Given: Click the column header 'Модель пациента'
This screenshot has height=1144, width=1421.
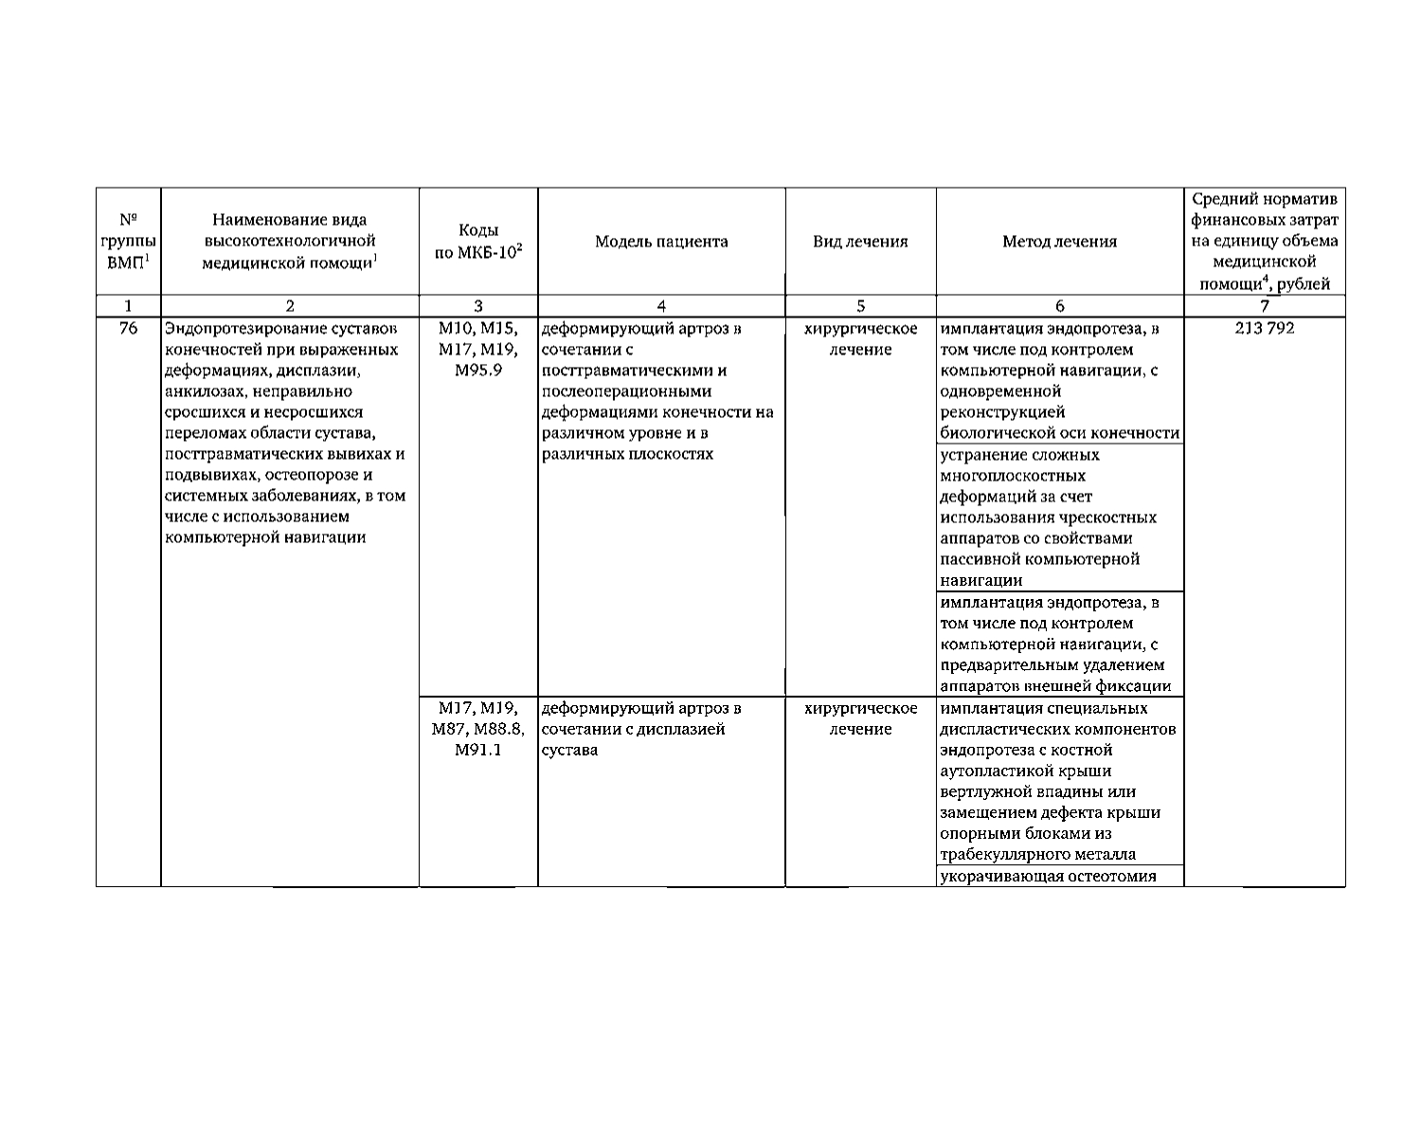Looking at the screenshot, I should click(661, 242).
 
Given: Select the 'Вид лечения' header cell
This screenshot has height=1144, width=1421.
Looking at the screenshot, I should click(860, 242).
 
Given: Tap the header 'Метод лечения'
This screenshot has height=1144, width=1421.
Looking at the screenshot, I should click(1059, 242).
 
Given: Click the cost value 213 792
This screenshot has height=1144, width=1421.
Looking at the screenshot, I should click(1264, 329).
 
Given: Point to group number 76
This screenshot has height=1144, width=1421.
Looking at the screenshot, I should click(128, 329).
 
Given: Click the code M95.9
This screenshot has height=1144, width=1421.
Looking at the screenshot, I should click(477, 371).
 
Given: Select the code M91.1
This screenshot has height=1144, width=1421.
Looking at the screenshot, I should click(477, 750).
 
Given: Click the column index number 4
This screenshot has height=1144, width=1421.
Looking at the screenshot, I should click(661, 306).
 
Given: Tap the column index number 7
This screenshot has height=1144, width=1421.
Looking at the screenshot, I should click(1264, 306).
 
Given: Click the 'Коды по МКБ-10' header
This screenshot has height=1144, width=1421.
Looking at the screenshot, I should click(477, 242).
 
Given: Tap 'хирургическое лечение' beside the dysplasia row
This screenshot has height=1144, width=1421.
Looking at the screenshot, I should click(860, 718).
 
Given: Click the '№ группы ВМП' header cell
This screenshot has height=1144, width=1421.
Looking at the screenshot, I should click(128, 242).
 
